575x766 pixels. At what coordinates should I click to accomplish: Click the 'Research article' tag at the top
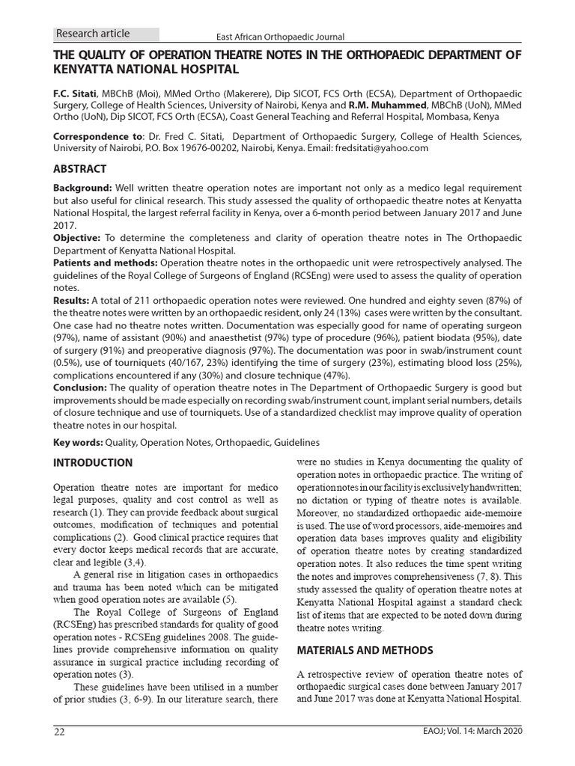click(93, 34)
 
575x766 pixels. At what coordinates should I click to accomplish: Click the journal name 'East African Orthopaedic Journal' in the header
click(280, 37)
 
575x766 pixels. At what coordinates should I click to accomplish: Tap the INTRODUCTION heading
click(93, 462)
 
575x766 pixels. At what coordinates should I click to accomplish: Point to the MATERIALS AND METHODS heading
click(365, 649)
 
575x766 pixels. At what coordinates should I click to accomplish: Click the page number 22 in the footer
click(59, 731)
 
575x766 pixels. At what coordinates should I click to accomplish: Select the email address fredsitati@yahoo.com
click(381, 148)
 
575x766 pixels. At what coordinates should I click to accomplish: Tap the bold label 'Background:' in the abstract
click(82, 188)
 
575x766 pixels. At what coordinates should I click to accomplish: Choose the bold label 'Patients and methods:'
click(105, 263)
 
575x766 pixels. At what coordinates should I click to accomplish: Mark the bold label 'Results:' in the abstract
click(71, 301)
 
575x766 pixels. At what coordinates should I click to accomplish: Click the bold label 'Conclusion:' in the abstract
click(80, 387)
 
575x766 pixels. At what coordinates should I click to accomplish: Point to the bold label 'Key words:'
click(79, 443)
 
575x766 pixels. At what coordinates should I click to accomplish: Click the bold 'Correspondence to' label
click(98, 136)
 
